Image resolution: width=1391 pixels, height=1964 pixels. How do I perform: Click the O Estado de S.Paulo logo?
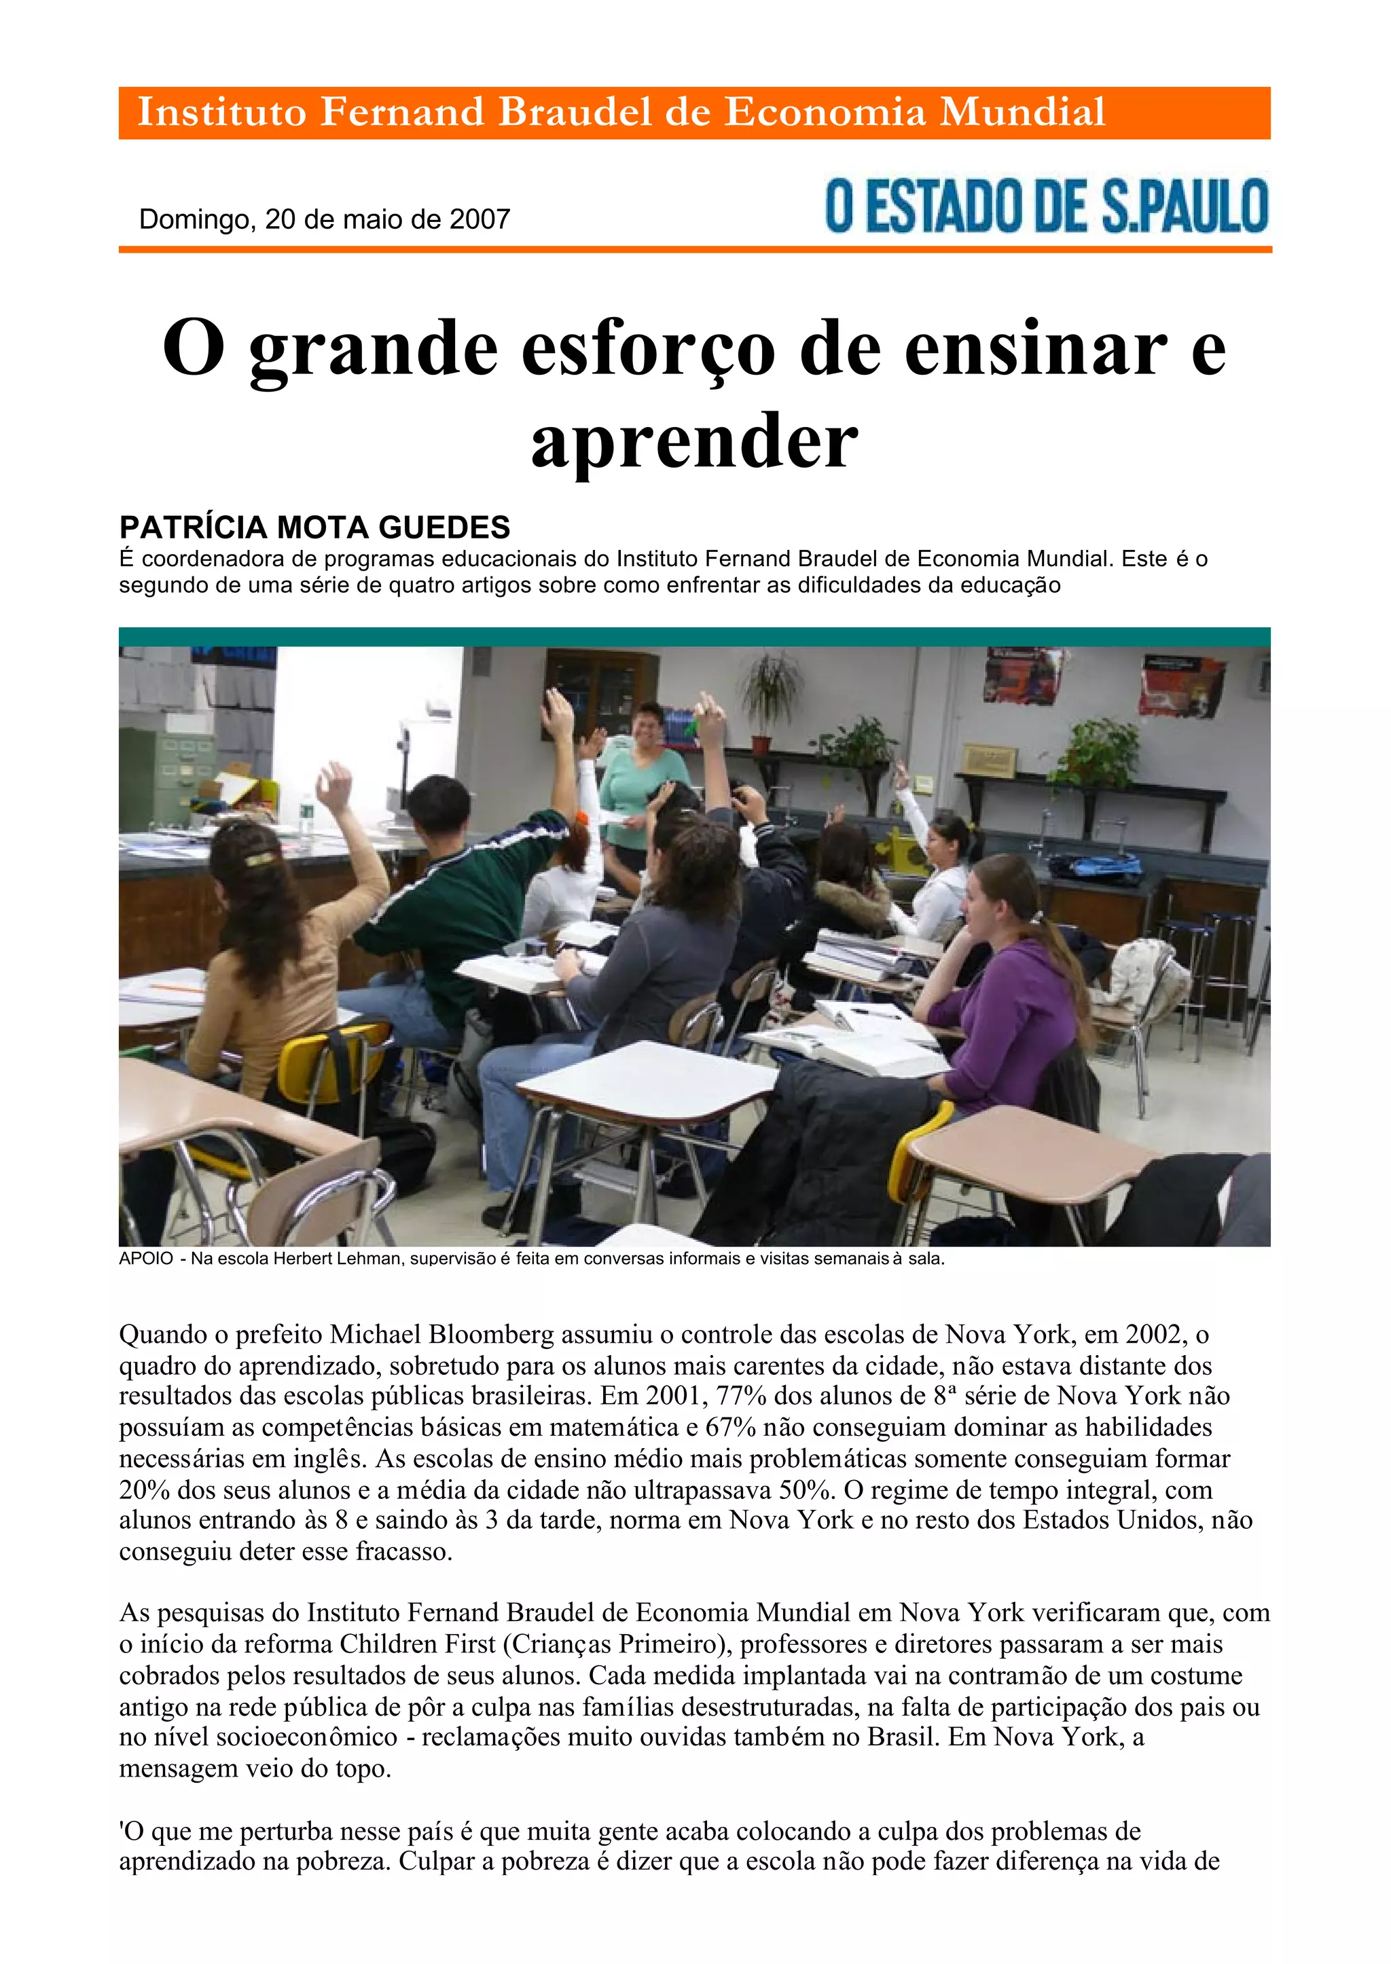(x=1046, y=206)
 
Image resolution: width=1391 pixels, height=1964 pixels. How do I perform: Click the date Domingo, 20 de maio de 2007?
(x=324, y=219)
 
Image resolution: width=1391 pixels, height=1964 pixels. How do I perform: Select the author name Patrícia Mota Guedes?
(x=314, y=527)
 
